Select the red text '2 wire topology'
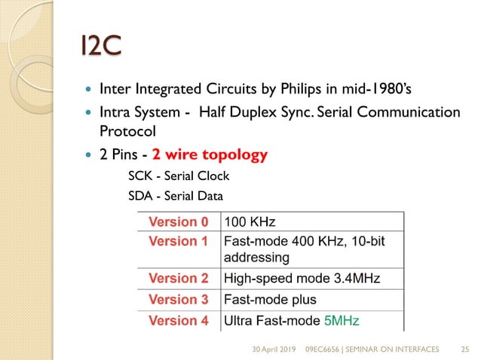[x=210, y=156]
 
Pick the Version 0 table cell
[x=178, y=222]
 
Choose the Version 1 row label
[x=178, y=241]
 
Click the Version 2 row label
[x=178, y=279]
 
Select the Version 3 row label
[x=178, y=300]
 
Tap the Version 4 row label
[x=178, y=321]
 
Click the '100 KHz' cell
[x=250, y=222]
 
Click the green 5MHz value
[x=342, y=321]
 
